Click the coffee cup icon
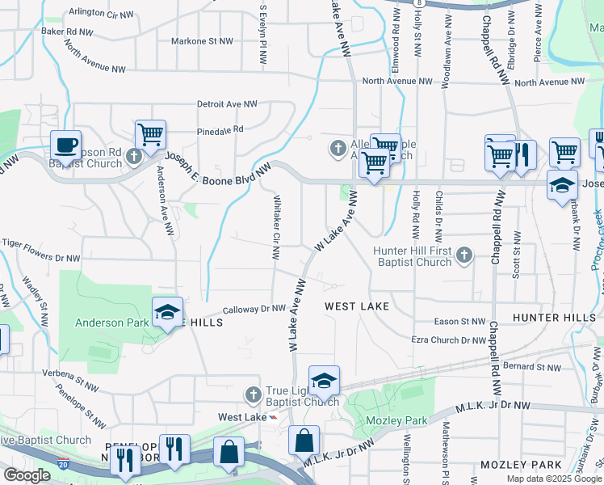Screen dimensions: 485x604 (65, 145)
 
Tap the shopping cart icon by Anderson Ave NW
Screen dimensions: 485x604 (150, 134)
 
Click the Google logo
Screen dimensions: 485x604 (27, 475)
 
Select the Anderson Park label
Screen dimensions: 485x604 (111, 323)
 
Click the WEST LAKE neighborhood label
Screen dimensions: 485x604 (357, 306)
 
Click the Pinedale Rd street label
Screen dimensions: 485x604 (220, 129)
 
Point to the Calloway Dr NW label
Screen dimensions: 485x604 (254, 309)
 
